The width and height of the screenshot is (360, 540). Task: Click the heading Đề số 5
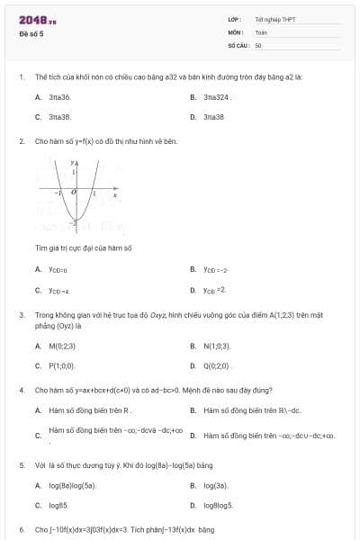click(31, 33)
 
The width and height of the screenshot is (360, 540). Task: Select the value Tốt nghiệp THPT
click(274, 19)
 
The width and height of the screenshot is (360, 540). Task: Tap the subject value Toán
click(261, 31)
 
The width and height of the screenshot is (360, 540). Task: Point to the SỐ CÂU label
click(238, 44)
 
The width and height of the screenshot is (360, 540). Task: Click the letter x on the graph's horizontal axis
click(115, 193)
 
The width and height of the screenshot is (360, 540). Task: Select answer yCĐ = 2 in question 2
click(214, 290)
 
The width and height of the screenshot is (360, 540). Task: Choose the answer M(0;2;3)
click(63, 346)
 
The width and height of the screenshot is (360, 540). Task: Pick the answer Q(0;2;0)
click(218, 366)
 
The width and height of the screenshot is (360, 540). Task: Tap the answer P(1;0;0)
click(61, 366)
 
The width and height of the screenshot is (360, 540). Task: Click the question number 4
click(21, 391)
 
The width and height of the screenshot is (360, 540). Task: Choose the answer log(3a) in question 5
click(216, 485)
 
